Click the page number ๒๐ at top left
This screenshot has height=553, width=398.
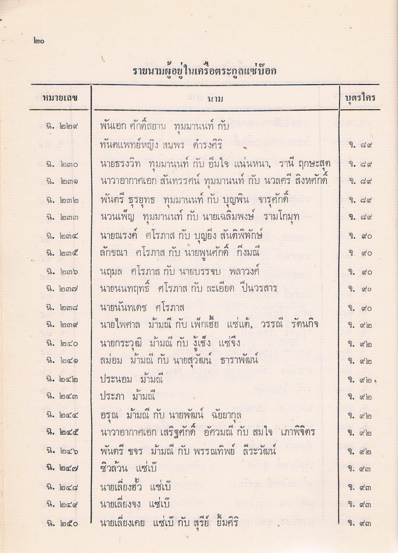pyautogui.click(x=38, y=41)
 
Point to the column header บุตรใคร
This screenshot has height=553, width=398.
pyautogui.click(x=360, y=98)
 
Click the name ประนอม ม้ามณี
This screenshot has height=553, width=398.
pyautogui.click(x=126, y=380)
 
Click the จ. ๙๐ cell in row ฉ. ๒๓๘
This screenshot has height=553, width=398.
pyautogui.click(x=360, y=308)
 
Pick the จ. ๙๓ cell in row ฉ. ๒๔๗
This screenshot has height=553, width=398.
pyautogui.click(x=360, y=469)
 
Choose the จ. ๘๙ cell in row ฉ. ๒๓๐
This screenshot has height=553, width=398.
pyautogui.click(x=360, y=164)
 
